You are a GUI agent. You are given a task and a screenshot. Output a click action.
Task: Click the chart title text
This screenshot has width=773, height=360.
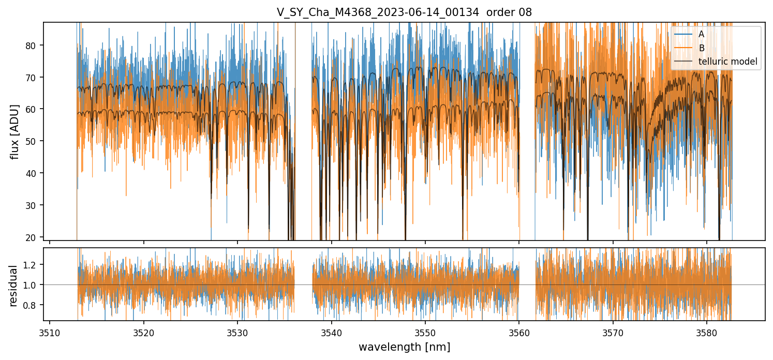tap(404, 12)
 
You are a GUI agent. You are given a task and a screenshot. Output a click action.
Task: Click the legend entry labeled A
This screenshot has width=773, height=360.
tap(701, 34)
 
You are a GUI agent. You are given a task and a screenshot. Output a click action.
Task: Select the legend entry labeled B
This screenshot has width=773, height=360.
tap(701, 48)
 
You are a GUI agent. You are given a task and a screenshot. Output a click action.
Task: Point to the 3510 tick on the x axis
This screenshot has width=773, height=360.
tap(50, 332)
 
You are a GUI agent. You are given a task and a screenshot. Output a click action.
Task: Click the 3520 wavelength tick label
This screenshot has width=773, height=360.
tap(143, 332)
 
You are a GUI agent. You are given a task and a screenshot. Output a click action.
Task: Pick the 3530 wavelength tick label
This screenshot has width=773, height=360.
tap(237, 332)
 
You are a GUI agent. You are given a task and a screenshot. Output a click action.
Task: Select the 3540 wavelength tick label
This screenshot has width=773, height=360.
tap(331, 332)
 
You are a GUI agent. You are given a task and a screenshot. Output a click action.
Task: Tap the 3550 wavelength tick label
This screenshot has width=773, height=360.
tap(425, 332)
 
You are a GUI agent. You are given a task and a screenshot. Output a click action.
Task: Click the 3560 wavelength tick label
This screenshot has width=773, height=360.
tap(519, 332)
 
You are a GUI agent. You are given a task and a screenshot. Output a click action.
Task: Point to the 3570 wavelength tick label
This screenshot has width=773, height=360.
tap(613, 332)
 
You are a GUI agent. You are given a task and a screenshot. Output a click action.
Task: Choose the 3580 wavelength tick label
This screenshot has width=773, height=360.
tap(707, 332)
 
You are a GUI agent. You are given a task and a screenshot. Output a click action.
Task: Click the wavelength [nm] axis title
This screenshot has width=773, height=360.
tap(404, 347)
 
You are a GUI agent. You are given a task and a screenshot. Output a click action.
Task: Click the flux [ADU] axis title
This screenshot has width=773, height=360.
tap(15, 131)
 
